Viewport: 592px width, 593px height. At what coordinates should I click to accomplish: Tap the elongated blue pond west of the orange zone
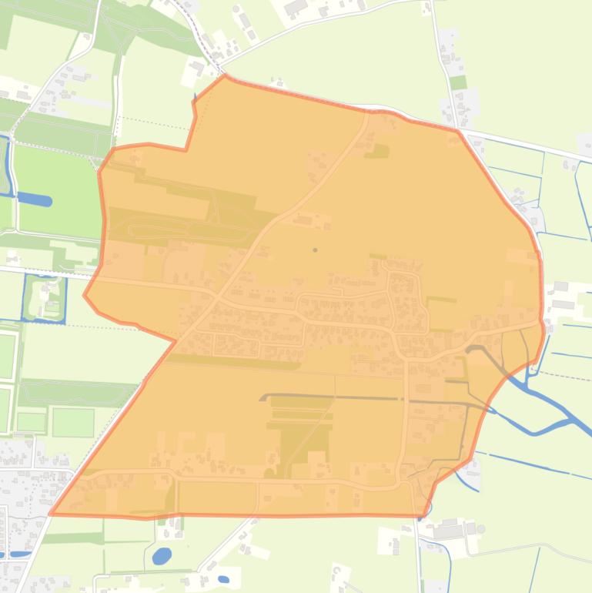click(35, 199)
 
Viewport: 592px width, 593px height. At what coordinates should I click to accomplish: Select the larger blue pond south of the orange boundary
click(162, 555)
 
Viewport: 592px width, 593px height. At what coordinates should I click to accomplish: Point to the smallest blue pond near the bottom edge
click(223, 579)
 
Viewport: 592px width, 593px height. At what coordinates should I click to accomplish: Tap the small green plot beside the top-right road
click(458, 82)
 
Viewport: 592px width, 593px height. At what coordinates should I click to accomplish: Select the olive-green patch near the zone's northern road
click(377, 152)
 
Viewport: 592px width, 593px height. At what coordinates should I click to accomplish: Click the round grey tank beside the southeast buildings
click(481, 529)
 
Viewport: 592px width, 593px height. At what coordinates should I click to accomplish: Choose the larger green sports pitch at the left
click(72, 422)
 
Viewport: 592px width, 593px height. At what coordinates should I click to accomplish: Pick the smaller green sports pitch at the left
click(32, 421)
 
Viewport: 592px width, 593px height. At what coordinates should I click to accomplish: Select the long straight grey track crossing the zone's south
click(370, 398)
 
